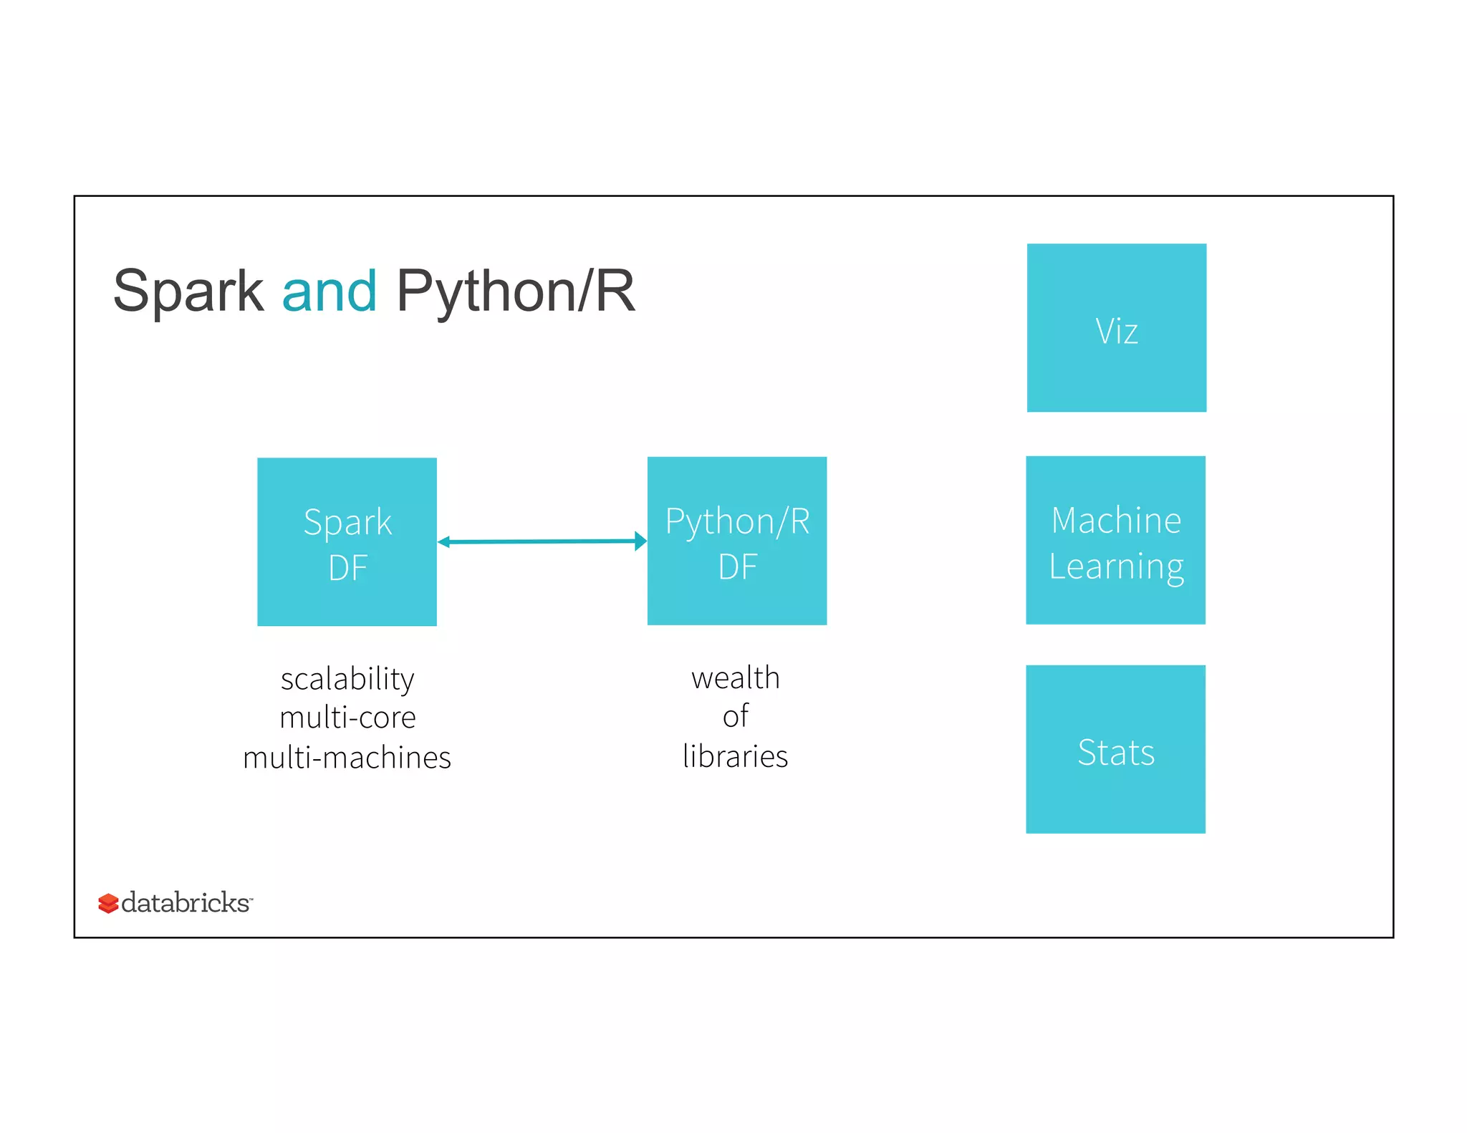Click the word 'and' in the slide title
click(329, 291)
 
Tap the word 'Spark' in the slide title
click(188, 291)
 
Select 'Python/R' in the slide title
click(515, 291)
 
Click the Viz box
click(1116, 328)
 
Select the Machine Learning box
click(1115, 540)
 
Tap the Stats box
click(1115, 749)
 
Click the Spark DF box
click(347, 541)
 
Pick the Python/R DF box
click(736, 541)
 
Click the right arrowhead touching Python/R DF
click(640, 541)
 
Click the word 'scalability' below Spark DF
click(347, 679)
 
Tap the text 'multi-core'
click(347, 718)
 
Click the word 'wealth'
click(735, 678)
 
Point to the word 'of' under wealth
click(735, 716)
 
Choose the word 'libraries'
click(735, 756)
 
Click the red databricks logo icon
click(107, 903)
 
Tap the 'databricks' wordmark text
click(186, 902)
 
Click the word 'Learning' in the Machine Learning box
click(1115, 566)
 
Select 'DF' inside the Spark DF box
click(347, 568)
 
